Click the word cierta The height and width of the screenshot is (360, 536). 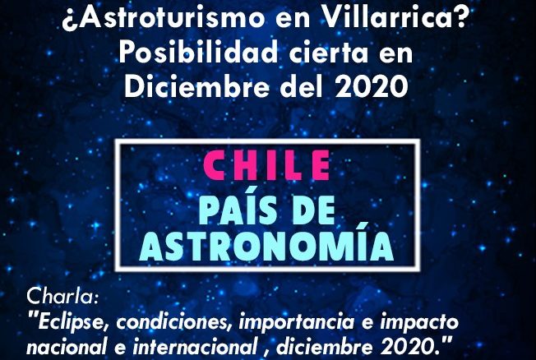pos(329,53)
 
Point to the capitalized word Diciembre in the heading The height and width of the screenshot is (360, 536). pos(197,85)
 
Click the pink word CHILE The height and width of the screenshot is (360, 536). pos(266,165)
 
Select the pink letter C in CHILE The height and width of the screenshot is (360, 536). pos(214,165)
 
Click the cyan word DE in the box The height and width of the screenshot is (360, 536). pos(314,210)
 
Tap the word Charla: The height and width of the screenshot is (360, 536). pos(62,296)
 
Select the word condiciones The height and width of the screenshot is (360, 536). pos(174,321)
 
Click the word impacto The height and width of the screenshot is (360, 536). pos(419,322)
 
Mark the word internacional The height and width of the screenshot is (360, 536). pos(195,347)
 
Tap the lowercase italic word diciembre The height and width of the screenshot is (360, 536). pos(324,347)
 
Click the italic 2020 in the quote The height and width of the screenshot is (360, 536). pos(410,347)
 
